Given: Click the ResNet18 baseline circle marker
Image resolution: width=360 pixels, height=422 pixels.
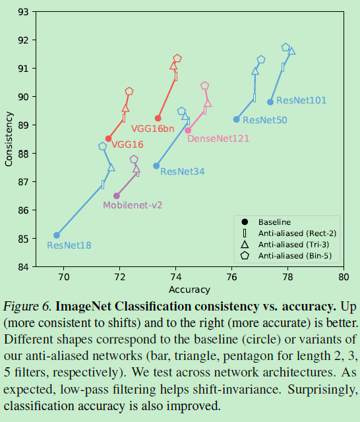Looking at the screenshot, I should click(x=57, y=235).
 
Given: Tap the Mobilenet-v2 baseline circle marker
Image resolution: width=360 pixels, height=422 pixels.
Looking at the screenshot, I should click(x=117, y=196).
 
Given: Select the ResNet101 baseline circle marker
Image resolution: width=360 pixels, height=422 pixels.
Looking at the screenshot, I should click(x=270, y=102).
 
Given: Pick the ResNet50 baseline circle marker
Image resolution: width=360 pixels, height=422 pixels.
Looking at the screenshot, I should click(x=237, y=119).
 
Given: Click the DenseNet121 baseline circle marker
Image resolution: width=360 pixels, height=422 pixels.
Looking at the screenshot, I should click(x=188, y=131).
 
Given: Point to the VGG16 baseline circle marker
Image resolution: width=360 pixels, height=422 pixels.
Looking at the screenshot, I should click(x=108, y=138).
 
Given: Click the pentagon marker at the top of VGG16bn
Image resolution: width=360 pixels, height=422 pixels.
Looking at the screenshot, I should click(x=177, y=59).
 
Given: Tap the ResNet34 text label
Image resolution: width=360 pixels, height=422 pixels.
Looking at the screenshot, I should click(x=182, y=171).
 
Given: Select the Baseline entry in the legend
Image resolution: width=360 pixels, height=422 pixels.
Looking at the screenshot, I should click(x=274, y=222).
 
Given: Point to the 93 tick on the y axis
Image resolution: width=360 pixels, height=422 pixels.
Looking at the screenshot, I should click(x=24, y=12).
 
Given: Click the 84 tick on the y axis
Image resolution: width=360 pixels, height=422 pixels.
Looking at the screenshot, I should click(x=24, y=267).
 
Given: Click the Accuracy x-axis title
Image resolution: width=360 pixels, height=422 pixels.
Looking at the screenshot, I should click(x=189, y=289).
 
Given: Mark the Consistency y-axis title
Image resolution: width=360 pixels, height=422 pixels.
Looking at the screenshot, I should click(x=9, y=139).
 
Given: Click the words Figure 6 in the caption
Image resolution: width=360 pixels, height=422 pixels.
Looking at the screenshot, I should click(x=27, y=307).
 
